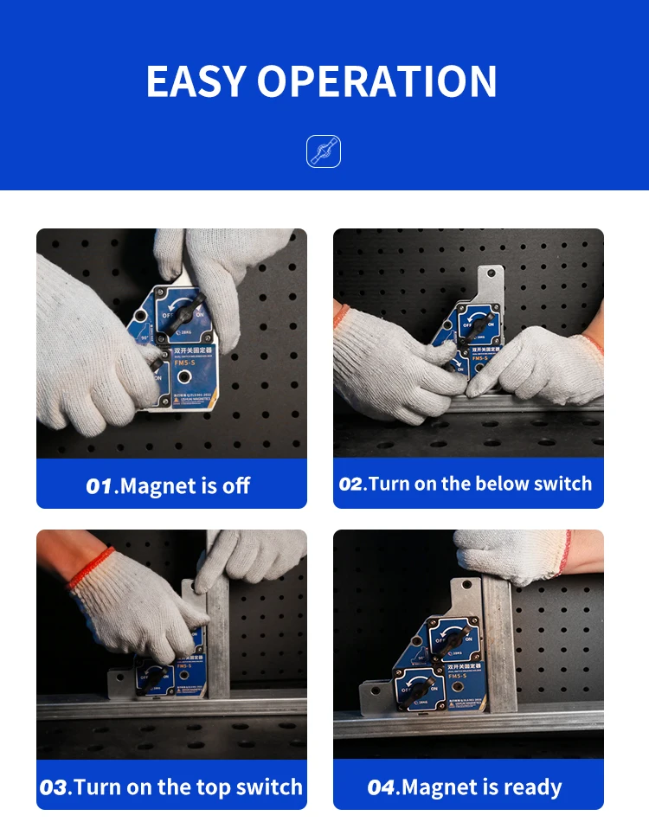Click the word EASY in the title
pyautogui.click(x=196, y=81)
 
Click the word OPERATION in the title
pyautogui.click(x=376, y=81)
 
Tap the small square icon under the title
pyautogui.click(x=324, y=151)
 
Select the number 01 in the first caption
pyautogui.click(x=100, y=486)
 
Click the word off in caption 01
pyautogui.click(x=236, y=486)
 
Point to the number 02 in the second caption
pyautogui.click(x=352, y=484)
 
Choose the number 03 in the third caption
pyautogui.click(x=55, y=787)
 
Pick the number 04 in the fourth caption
pyautogui.click(x=381, y=787)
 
